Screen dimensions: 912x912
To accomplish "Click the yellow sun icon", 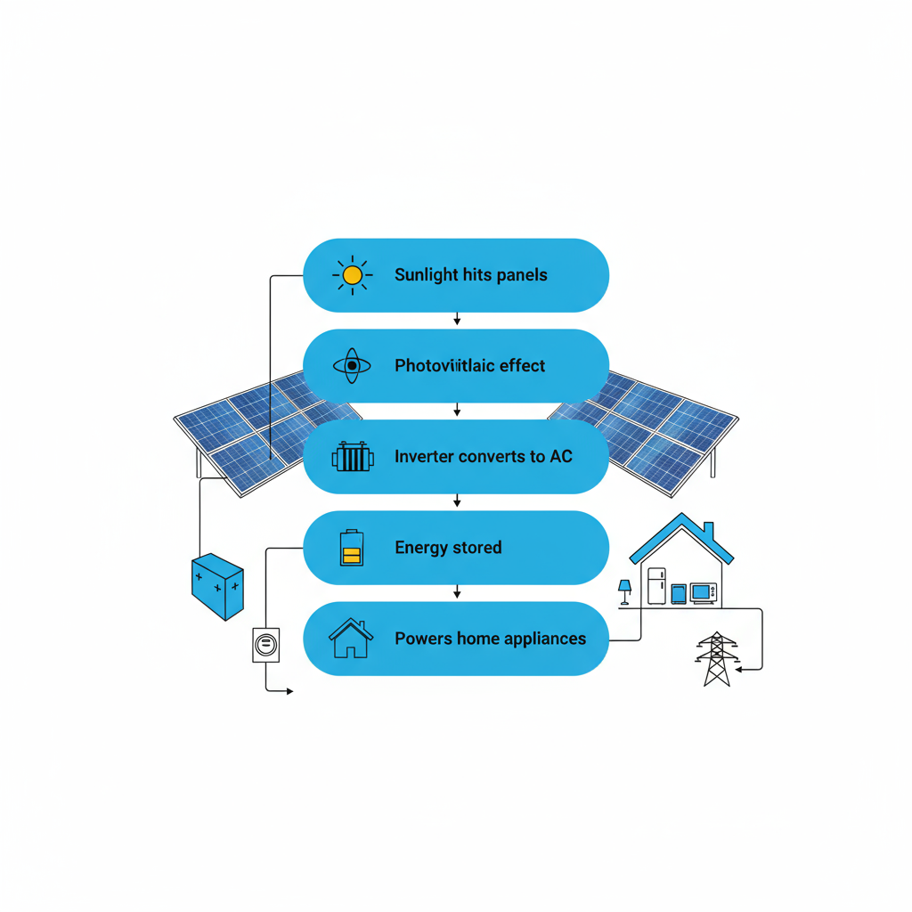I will [352, 274].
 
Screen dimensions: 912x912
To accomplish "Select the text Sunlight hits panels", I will [470, 275].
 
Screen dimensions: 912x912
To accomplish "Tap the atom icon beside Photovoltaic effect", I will [352, 365].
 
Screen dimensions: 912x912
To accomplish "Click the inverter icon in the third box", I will [352, 458].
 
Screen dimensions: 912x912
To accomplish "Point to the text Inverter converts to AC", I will [483, 457].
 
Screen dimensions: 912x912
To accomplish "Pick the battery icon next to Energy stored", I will [352, 548].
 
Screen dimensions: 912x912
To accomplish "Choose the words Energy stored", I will [448, 548].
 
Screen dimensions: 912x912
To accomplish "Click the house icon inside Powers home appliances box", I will [351, 638].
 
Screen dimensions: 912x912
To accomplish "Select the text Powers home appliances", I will [490, 639].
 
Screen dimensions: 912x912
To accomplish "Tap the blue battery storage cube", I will [217, 586].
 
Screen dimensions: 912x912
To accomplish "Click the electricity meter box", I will [265, 644].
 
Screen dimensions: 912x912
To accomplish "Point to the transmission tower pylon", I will [716, 659].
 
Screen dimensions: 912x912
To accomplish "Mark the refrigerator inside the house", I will [656, 586].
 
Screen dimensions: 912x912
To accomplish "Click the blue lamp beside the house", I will [624, 589].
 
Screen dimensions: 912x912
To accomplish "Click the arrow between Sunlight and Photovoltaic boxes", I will [457, 319].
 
